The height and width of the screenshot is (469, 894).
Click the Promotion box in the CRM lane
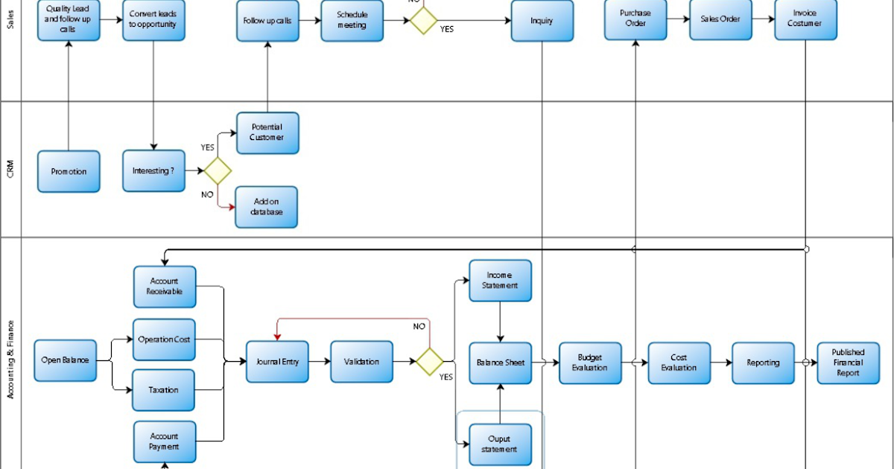click(x=69, y=171)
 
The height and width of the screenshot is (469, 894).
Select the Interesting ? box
click(x=153, y=170)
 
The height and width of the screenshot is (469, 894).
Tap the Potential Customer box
click(x=267, y=133)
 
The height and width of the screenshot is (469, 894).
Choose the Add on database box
click(x=266, y=207)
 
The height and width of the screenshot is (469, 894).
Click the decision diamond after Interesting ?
click(x=218, y=170)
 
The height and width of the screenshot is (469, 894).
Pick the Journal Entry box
click(x=277, y=362)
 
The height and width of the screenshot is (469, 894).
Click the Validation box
click(x=361, y=362)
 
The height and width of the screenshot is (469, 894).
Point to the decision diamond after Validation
click(x=430, y=362)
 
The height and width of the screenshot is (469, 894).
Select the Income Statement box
click(x=500, y=281)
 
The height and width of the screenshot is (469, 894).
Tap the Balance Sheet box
click(x=500, y=363)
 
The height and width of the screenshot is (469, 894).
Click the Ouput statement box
click(x=500, y=444)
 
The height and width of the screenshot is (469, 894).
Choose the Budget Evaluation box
click(x=590, y=363)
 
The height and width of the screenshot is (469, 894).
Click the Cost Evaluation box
click(x=679, y=363)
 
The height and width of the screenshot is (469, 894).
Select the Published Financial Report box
click(x=848, y=363)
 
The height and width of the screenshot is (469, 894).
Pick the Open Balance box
click(x=65, y=360)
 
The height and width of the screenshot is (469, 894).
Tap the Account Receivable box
click(x=164, y=287)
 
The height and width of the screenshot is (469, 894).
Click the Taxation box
click(x=164, y=390)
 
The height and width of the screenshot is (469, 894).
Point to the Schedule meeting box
click(x=352, y=20)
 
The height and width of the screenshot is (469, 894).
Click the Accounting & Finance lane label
click(x=10, y=359)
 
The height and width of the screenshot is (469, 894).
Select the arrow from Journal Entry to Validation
click(x=319, y=362)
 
